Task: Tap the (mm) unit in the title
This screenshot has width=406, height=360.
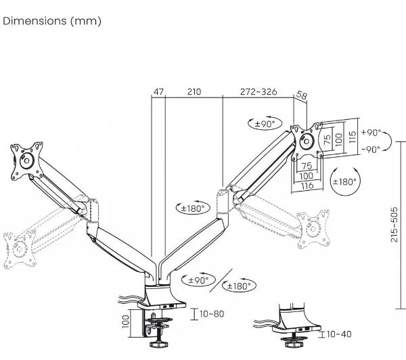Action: (x=86, y=21)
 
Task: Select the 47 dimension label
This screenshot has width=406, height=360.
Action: (x=158, y=92)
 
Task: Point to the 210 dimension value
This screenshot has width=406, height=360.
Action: (x=194, y=92)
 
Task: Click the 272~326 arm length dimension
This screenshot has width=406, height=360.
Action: (x=258, y=92)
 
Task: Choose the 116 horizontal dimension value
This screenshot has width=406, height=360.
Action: (x=307, y=185)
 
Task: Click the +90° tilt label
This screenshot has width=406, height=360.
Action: (x=371, y=133)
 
